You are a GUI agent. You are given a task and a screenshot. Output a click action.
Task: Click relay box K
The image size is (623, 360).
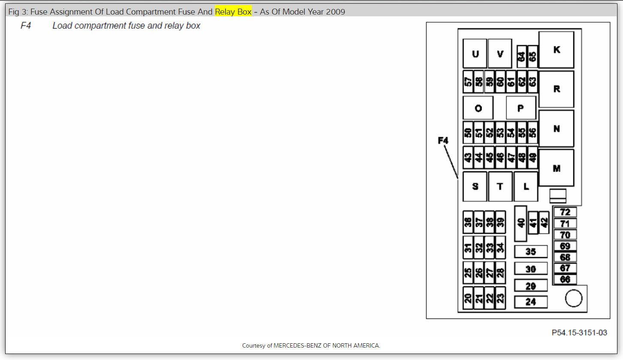click(556, 49)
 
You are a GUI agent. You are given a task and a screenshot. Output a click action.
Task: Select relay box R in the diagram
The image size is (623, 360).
click(556, 89)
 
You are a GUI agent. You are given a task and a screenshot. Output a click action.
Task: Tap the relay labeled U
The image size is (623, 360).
click(475, 54)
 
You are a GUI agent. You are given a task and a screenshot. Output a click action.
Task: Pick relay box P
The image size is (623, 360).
click(521, 108)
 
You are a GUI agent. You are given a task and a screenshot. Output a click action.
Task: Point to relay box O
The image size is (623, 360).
click(478, 108)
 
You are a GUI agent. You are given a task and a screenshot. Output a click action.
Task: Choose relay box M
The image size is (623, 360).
click(556, 168)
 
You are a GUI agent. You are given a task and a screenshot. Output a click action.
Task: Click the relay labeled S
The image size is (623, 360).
click(475, 186)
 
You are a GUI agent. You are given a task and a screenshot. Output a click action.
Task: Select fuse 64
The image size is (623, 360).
click(521, 57)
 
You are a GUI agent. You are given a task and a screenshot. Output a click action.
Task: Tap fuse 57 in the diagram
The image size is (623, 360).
click(468, 81)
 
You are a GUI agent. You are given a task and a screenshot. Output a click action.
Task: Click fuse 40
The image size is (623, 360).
click(521, 223)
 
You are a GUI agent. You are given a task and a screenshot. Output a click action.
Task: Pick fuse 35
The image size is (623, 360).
click(531, 252)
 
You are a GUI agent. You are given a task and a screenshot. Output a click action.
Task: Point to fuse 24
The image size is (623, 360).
click(531, 302)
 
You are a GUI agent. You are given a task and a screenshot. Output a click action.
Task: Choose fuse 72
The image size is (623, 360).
click(565, 212)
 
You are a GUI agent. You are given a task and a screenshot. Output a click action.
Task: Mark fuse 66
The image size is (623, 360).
click(565, 279)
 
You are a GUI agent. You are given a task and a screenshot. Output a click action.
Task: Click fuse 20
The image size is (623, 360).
click(468, 298)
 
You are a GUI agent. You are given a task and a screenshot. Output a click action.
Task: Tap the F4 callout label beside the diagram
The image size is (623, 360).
click(442, 140)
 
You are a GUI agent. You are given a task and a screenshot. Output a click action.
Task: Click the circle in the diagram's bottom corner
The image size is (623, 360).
click(573, 299)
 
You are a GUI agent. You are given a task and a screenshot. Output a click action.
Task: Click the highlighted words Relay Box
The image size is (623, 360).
click(233, 12)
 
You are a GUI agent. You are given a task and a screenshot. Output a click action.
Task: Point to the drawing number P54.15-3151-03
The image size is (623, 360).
click(579, 333)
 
